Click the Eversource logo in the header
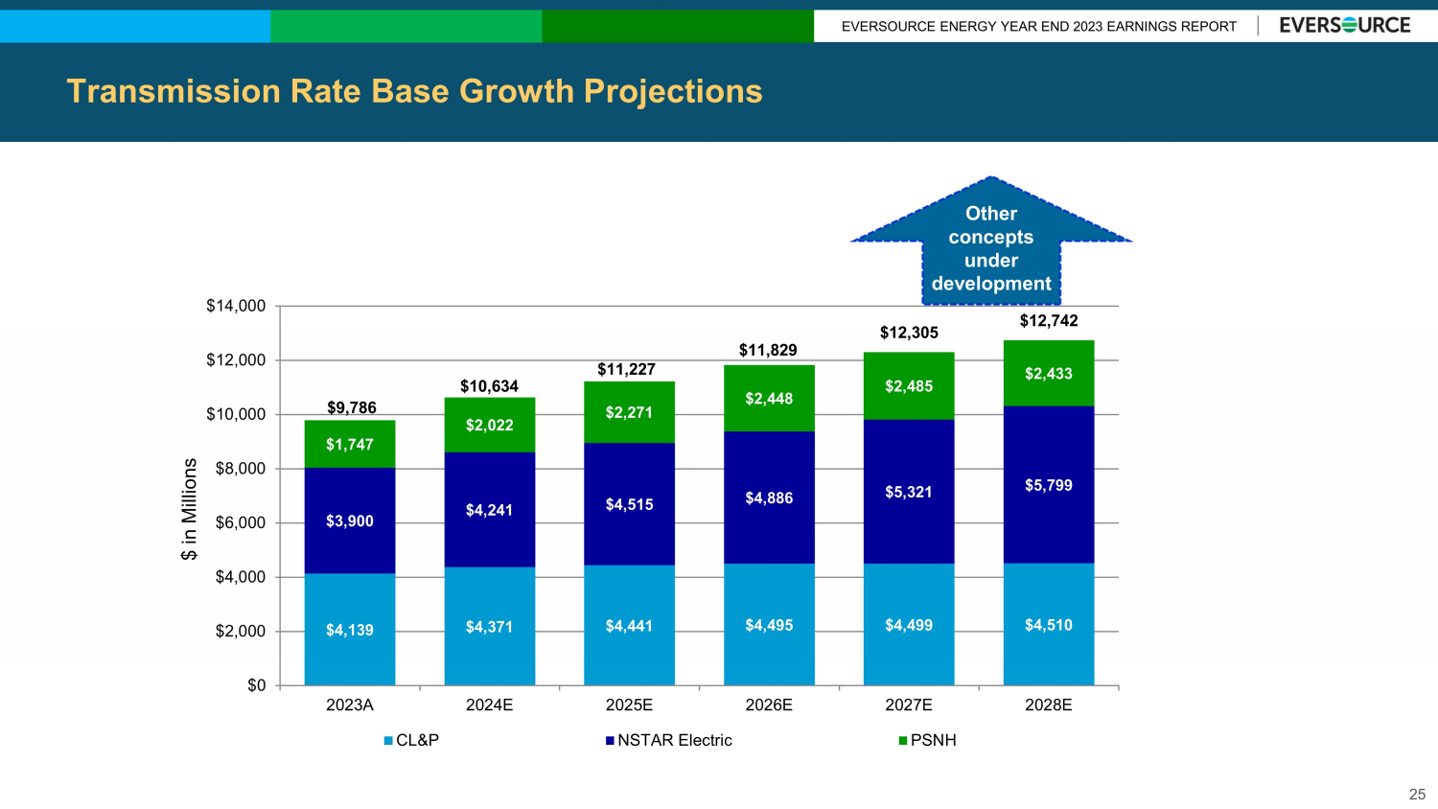(x=1344, y=26)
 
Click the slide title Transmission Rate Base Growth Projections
(x=414, y=91)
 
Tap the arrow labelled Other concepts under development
(x=991, y=245)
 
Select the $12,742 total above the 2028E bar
(x=1049, y=321)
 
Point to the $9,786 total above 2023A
(x=352, y=407)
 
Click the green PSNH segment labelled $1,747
(x=350, y=444)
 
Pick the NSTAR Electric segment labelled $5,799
(x=1049, y=485)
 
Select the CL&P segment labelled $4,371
(x=489, y=627)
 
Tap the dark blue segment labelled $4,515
(x=629, y=504)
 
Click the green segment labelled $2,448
(x=769, y=399)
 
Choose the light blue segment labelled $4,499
(x=909, y=625)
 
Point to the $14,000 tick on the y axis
(x=236, y=306)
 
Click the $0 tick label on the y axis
(x=256, y=685)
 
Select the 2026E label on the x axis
(x=769, y=705)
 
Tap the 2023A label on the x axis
(x=350, y=705)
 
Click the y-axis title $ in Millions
(x=190, y=509)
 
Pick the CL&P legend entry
(x=412, y=740)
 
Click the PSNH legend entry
(x=928, y=740)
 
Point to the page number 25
(x=1417, y=794)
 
